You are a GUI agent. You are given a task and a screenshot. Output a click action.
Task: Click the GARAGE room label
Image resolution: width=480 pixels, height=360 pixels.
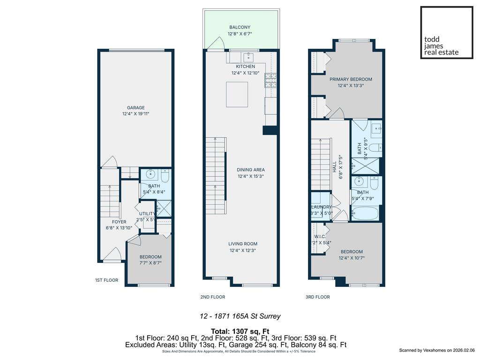point(135,107)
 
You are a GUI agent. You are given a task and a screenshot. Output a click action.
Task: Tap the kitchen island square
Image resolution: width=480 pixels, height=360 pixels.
point(237,94)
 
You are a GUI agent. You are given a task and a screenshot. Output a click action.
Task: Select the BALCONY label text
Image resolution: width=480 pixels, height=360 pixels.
point(240,28)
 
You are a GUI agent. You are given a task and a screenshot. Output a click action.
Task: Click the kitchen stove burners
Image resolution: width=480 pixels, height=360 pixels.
point(270,81)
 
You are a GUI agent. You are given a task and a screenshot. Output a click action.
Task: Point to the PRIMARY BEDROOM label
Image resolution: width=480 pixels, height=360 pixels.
point(351,79)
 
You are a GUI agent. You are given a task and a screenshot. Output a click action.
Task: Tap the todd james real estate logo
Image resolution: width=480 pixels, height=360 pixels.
point(446,32)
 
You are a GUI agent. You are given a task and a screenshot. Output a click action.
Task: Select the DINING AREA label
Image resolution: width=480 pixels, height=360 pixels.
point(250,170)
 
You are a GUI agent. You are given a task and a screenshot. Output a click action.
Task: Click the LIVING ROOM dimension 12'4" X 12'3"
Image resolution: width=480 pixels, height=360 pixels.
point(243,250)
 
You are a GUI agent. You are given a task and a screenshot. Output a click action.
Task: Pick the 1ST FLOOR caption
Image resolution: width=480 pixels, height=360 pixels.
point(106,280)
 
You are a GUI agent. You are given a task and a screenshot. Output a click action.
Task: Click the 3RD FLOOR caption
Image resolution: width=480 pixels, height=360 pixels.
point(318,297)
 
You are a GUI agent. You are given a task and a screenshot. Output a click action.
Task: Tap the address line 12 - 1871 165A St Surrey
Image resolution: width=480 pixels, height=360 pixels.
point(240,316)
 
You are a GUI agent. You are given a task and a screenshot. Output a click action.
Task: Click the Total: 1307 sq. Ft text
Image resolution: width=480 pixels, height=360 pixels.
point(240,331)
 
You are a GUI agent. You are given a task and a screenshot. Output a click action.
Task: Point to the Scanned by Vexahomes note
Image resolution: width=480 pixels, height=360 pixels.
point(437,350)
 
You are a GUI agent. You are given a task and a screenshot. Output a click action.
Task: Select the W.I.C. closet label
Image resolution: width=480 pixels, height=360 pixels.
point(320,237)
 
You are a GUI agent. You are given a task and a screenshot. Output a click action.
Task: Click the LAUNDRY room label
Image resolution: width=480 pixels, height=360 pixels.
point(322,207)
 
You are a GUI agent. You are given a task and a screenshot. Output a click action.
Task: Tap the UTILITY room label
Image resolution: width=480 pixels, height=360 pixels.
point(147,213)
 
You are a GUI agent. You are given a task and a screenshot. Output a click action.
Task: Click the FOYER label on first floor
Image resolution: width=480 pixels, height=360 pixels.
point(119,222)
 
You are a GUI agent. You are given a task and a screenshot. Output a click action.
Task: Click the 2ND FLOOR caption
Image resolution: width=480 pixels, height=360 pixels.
point(212,297)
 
